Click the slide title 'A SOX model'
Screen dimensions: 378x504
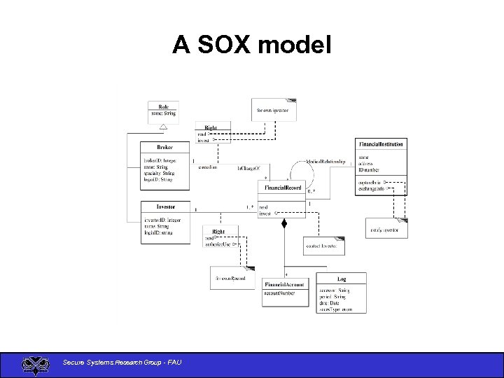(x=251, y=45)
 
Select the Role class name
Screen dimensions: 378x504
(x=163, y=106)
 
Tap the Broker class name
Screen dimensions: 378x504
(x=164, y=148)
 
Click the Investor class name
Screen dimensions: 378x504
(x=165, y=206)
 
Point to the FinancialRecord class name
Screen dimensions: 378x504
(x=283, y=188)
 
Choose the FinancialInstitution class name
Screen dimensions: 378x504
(x=381, y=144)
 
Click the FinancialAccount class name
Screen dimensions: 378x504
(x=283, y=284)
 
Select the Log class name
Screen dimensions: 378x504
(x=341, y=279)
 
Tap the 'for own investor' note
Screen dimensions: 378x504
(x=273, y=110)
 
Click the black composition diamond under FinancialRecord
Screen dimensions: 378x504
(x=284, y=224)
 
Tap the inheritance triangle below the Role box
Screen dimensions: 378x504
(x=162, y=127)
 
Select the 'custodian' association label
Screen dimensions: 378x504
(x=208, y=167)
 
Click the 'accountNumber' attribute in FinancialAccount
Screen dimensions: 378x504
(x=279, y=293)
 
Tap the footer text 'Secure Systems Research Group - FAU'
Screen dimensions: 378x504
(x=122, y=362)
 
